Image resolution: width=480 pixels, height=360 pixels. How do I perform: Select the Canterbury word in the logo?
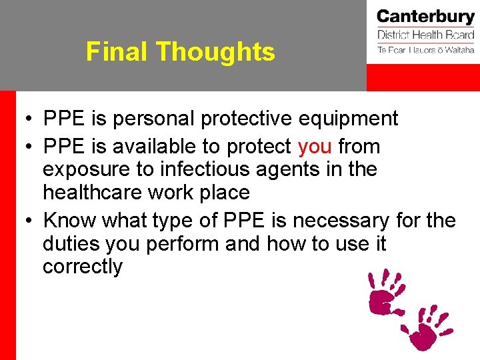click(425, 17)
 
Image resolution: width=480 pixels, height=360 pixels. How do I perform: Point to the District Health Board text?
click(425, 35)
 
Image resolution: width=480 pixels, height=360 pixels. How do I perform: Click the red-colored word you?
click(315, 146)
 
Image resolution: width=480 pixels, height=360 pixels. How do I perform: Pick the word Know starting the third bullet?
click(69, 220)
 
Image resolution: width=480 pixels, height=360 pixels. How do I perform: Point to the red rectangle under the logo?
click(423, 78)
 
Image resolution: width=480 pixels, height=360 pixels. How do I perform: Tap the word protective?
click(247, 119)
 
